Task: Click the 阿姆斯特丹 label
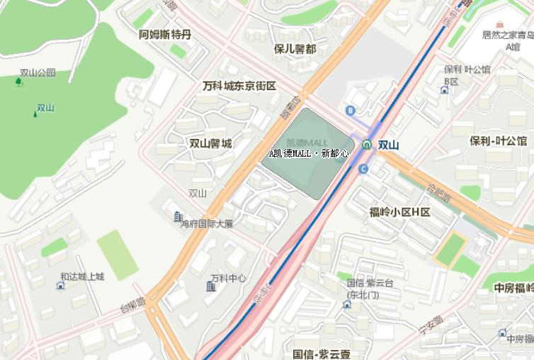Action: tap(165, 34)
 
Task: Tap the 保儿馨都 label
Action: tap(295, 49)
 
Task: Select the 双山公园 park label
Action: tap(38, 72)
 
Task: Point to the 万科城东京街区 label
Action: tap(239, 86)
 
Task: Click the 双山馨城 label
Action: tap(210, 143)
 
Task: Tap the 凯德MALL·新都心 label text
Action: tap(309, 153)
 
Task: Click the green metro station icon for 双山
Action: tap(366, 145)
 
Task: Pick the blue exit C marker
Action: tap(363, 169)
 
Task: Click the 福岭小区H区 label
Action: tap(400, 212)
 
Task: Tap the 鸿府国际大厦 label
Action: tap(206, 223)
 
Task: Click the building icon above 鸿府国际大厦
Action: tap(178, 215)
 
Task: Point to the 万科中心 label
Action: tap(228, 278)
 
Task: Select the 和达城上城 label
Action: tap(82, 276)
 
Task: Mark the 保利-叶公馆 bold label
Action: tap(498, 140)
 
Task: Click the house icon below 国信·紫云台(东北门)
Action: tap(346, 304)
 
